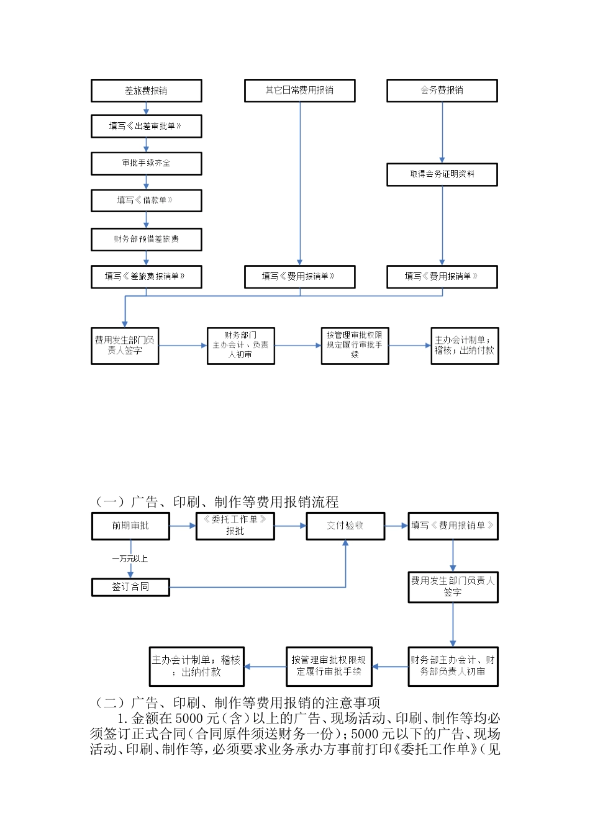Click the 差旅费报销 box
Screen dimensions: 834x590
click(146, 91)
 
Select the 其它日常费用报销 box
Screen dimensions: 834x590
click(299, 91)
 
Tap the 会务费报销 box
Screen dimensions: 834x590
click(442, 91)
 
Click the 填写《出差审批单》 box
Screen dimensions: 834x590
click(146, 126)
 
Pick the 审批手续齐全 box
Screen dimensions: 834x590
click(146, 163)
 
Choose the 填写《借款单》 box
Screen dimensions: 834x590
click(146, 200)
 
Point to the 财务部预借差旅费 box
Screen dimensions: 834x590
click(146, 239)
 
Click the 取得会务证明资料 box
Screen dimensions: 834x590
click(442, 174)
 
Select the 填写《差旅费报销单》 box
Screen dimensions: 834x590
click(146, 277)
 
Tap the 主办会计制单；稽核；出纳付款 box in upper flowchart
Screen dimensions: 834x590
click(465, 346)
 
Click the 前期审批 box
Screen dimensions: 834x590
click(130, 526)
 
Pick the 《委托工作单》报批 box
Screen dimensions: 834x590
click(235, 526)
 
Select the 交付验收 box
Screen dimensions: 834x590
click(345, 526)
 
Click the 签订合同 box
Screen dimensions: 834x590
click(130, 586)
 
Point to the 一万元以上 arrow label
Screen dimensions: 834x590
click(130, 559)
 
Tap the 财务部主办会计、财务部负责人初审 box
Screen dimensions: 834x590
click(453, 666)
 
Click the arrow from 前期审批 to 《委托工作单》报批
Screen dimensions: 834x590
click(183, 526)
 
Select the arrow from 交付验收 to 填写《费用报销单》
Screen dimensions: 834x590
click(396, 526)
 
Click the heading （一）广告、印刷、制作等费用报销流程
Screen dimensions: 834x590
click(217, 502)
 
